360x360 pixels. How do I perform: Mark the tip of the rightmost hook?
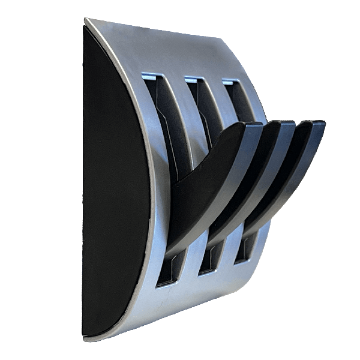click(x=316, y=124)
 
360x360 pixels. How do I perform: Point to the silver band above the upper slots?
click(x=180, y=51)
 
